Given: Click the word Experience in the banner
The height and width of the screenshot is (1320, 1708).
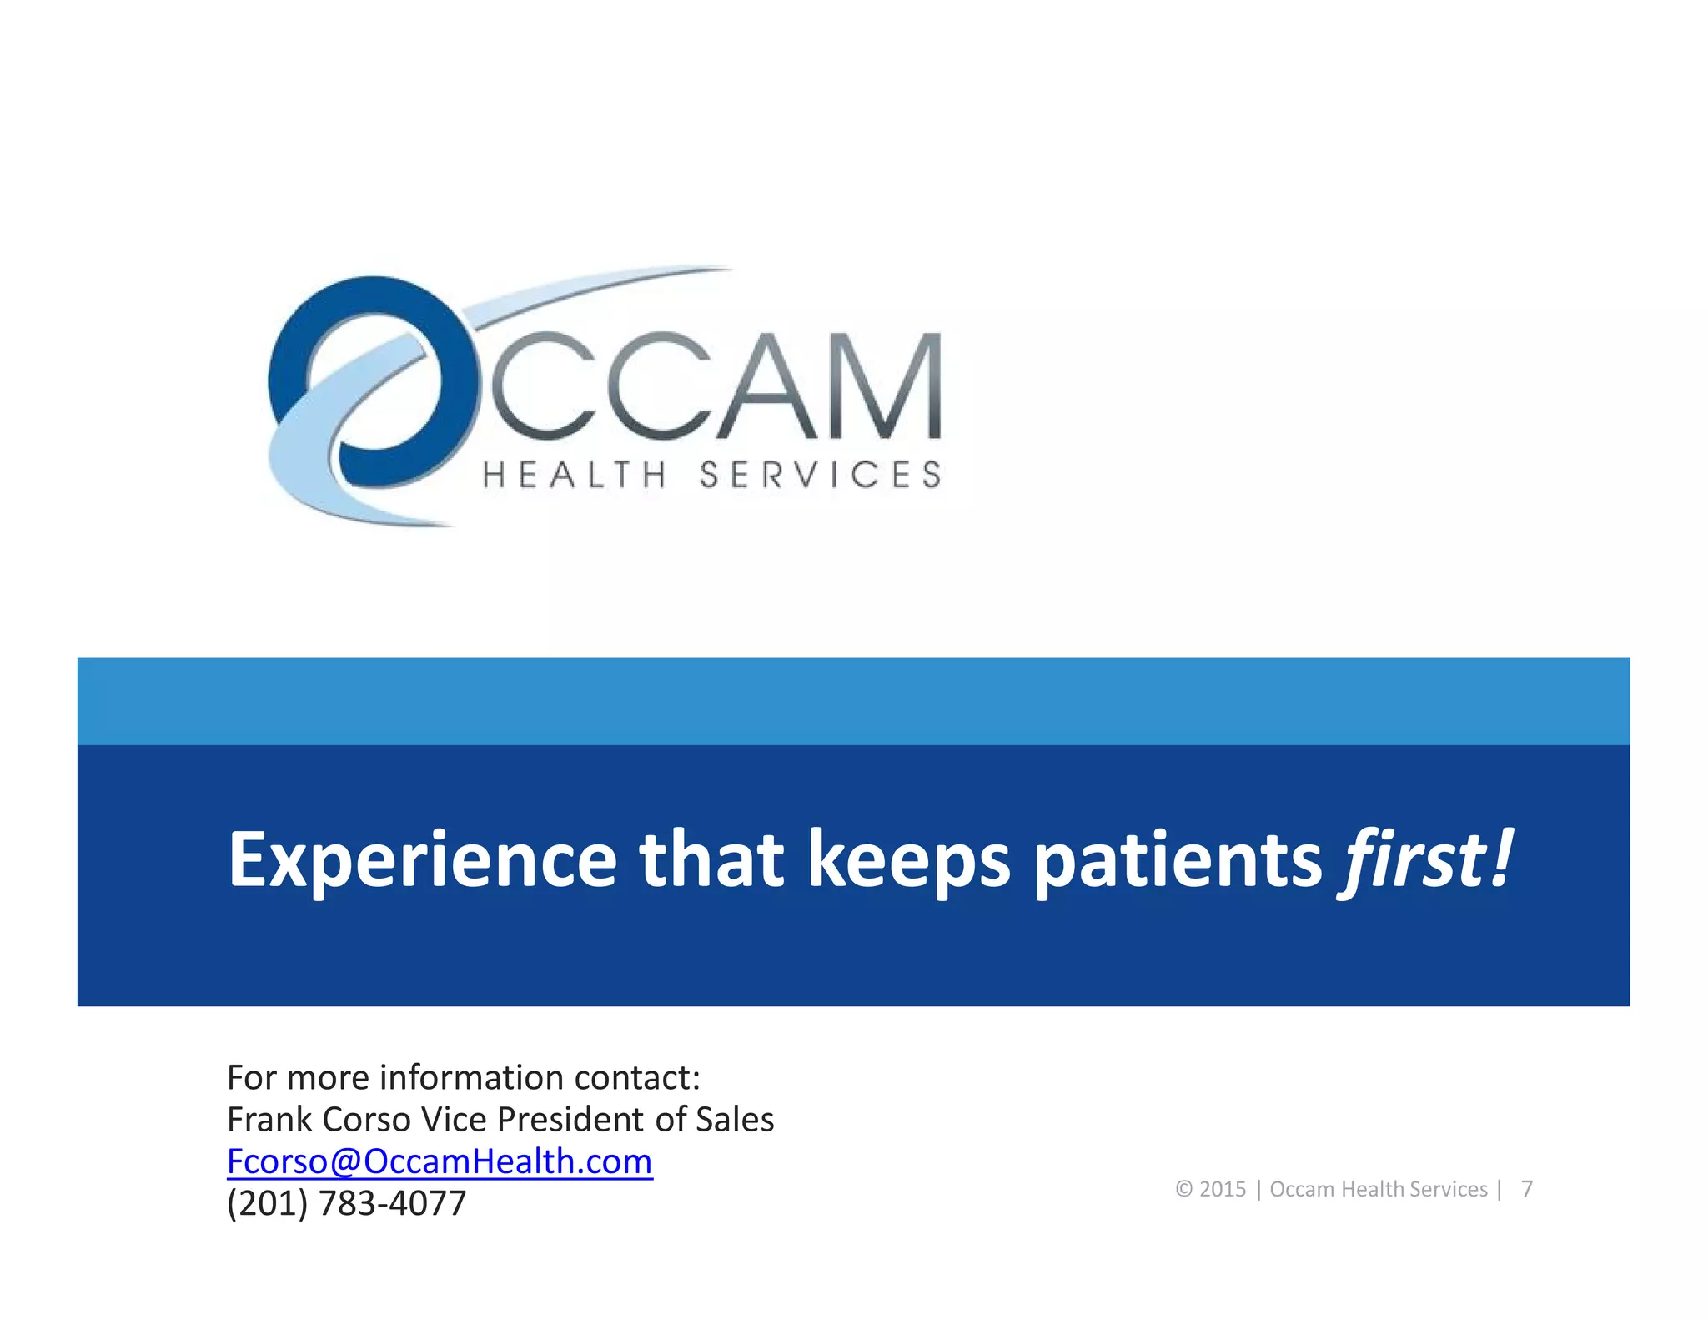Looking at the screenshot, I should coord(423,860).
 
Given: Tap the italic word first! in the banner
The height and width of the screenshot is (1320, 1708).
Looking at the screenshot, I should coord(1424,859).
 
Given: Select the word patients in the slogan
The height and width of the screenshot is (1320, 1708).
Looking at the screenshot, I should coord(1178,860).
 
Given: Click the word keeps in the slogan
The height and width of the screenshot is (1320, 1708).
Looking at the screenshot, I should coord(908,860).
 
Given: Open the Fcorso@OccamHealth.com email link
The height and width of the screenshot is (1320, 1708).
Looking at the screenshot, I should coord(440,1161).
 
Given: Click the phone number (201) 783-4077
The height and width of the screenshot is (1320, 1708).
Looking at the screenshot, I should coord(346,1203).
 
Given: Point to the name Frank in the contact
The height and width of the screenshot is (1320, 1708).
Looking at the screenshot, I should coord(269,1120).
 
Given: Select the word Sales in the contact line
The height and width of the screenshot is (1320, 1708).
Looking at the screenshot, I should coord(735,1120).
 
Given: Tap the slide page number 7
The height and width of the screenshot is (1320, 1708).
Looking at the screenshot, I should coord(1526,1189).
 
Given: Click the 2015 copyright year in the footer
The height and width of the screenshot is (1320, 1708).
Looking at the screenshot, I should coord(1222,1189).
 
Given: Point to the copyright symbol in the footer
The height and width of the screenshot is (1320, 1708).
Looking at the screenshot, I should coord(1183,1189).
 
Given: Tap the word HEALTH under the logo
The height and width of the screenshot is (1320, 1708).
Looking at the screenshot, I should coord(575,476).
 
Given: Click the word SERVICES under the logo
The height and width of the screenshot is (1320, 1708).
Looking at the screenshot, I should coord(820,476).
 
